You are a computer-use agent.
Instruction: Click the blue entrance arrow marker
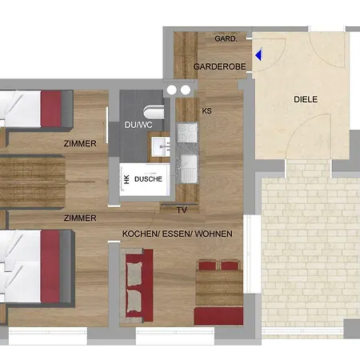[258, 54]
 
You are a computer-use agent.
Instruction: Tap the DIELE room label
[306, 99]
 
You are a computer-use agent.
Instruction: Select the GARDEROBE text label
[219, 66]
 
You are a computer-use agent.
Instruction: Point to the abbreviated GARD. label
[226, 39]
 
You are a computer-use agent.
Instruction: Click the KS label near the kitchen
[206, 110]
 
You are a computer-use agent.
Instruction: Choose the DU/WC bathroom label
[138, 125]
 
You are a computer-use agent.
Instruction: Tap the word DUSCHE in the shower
[148, 179]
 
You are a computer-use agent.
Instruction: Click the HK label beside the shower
[127, 179]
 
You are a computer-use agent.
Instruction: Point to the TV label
[182, 210]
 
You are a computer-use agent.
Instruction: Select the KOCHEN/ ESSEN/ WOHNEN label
[178, 234]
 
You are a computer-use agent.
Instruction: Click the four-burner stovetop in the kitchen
[187, 132]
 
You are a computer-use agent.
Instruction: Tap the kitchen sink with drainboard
[189, 169]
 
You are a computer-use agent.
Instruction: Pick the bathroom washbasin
[161, 146]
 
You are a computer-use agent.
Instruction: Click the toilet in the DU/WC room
[154, 112]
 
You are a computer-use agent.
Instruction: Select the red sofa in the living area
[138, 286]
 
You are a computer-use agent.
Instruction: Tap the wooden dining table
[219, 288]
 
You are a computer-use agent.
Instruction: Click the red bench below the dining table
[218, 316]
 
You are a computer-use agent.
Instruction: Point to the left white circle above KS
[172, 90]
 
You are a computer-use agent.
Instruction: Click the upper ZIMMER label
[80, 143]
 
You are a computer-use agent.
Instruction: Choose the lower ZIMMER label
[80, 218]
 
